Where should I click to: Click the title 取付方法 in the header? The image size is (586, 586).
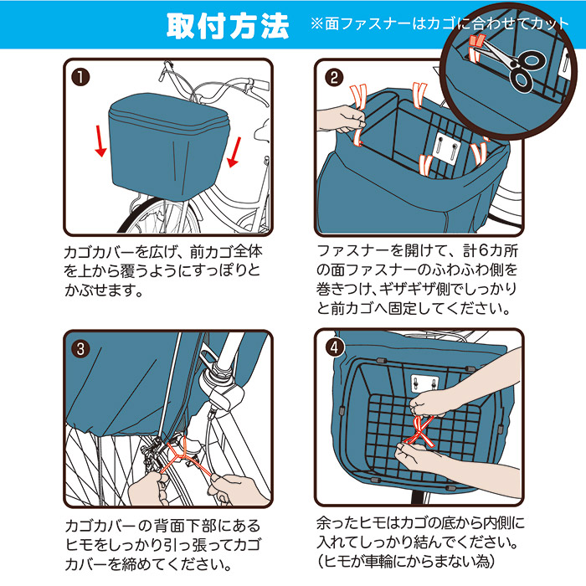(x=228, y=26)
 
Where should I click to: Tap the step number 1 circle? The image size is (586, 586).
(x=80, y=77)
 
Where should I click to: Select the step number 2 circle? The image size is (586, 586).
(x=334, y=77)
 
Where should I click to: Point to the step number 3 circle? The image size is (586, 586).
(x=80, y=349)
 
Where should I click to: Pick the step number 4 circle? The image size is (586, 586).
(x=334, y=347)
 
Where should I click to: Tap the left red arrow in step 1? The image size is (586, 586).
(x=100, y=141)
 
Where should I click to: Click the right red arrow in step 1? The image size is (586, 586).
(x=234, y=152)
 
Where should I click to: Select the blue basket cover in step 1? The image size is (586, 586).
(x=168, y=146)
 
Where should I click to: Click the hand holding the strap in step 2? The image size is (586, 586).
(x=340, y=119)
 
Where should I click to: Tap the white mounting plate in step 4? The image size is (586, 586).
(x=424, y=383)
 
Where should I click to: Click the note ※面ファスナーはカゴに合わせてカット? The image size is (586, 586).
(x=439, y=24)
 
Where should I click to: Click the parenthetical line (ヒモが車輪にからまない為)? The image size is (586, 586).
(x=406, y=561)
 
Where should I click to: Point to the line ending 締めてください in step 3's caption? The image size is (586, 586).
(x=148, y=564)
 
